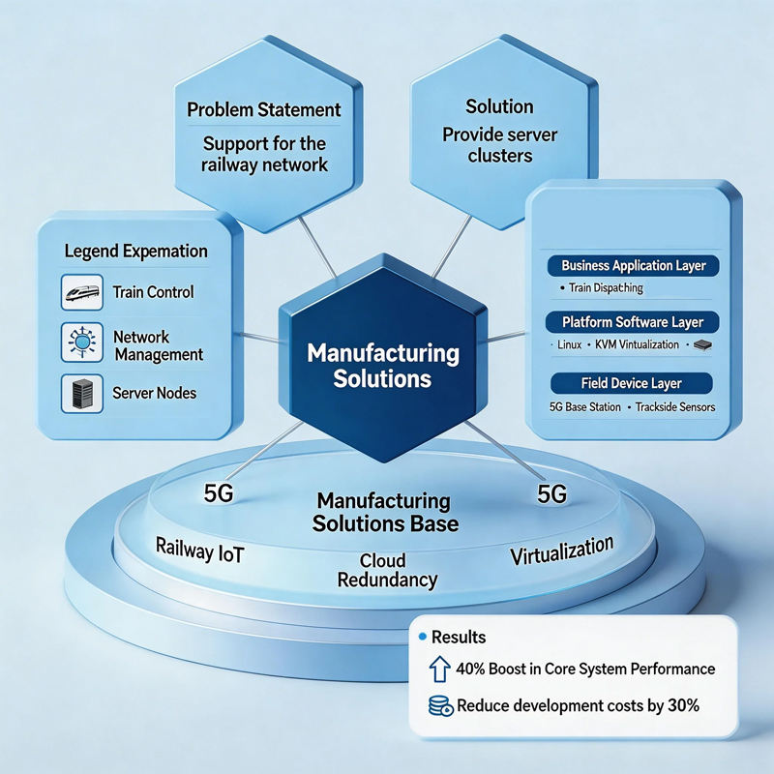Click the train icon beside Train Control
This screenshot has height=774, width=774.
[82, 292]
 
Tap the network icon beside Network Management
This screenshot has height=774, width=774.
[82, 342]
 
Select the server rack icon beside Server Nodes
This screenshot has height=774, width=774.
[82, 394]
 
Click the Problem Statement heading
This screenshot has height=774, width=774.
[263, 109]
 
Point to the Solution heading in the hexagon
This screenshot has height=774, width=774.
[499, 106]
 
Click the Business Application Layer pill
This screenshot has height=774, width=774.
[634, 266]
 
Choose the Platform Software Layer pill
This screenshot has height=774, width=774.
[633, 322]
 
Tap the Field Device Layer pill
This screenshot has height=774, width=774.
[632, 383]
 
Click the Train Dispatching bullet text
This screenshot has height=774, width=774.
[606, 287]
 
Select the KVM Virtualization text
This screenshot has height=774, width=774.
[637, 344]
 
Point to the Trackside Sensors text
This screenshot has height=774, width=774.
[675, 407]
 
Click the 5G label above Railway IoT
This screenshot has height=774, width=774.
[219, 493]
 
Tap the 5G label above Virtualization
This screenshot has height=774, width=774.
[551, 494]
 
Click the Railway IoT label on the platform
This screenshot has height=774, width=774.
[200, 551]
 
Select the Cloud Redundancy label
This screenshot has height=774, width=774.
[387, 570]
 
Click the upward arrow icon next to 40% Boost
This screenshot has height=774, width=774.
[439, 670]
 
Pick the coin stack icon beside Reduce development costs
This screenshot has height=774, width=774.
[441, 706]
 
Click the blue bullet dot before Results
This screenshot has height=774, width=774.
[422, 637]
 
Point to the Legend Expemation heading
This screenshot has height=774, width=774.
[135, 252]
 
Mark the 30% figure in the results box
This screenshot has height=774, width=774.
[683, 705]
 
